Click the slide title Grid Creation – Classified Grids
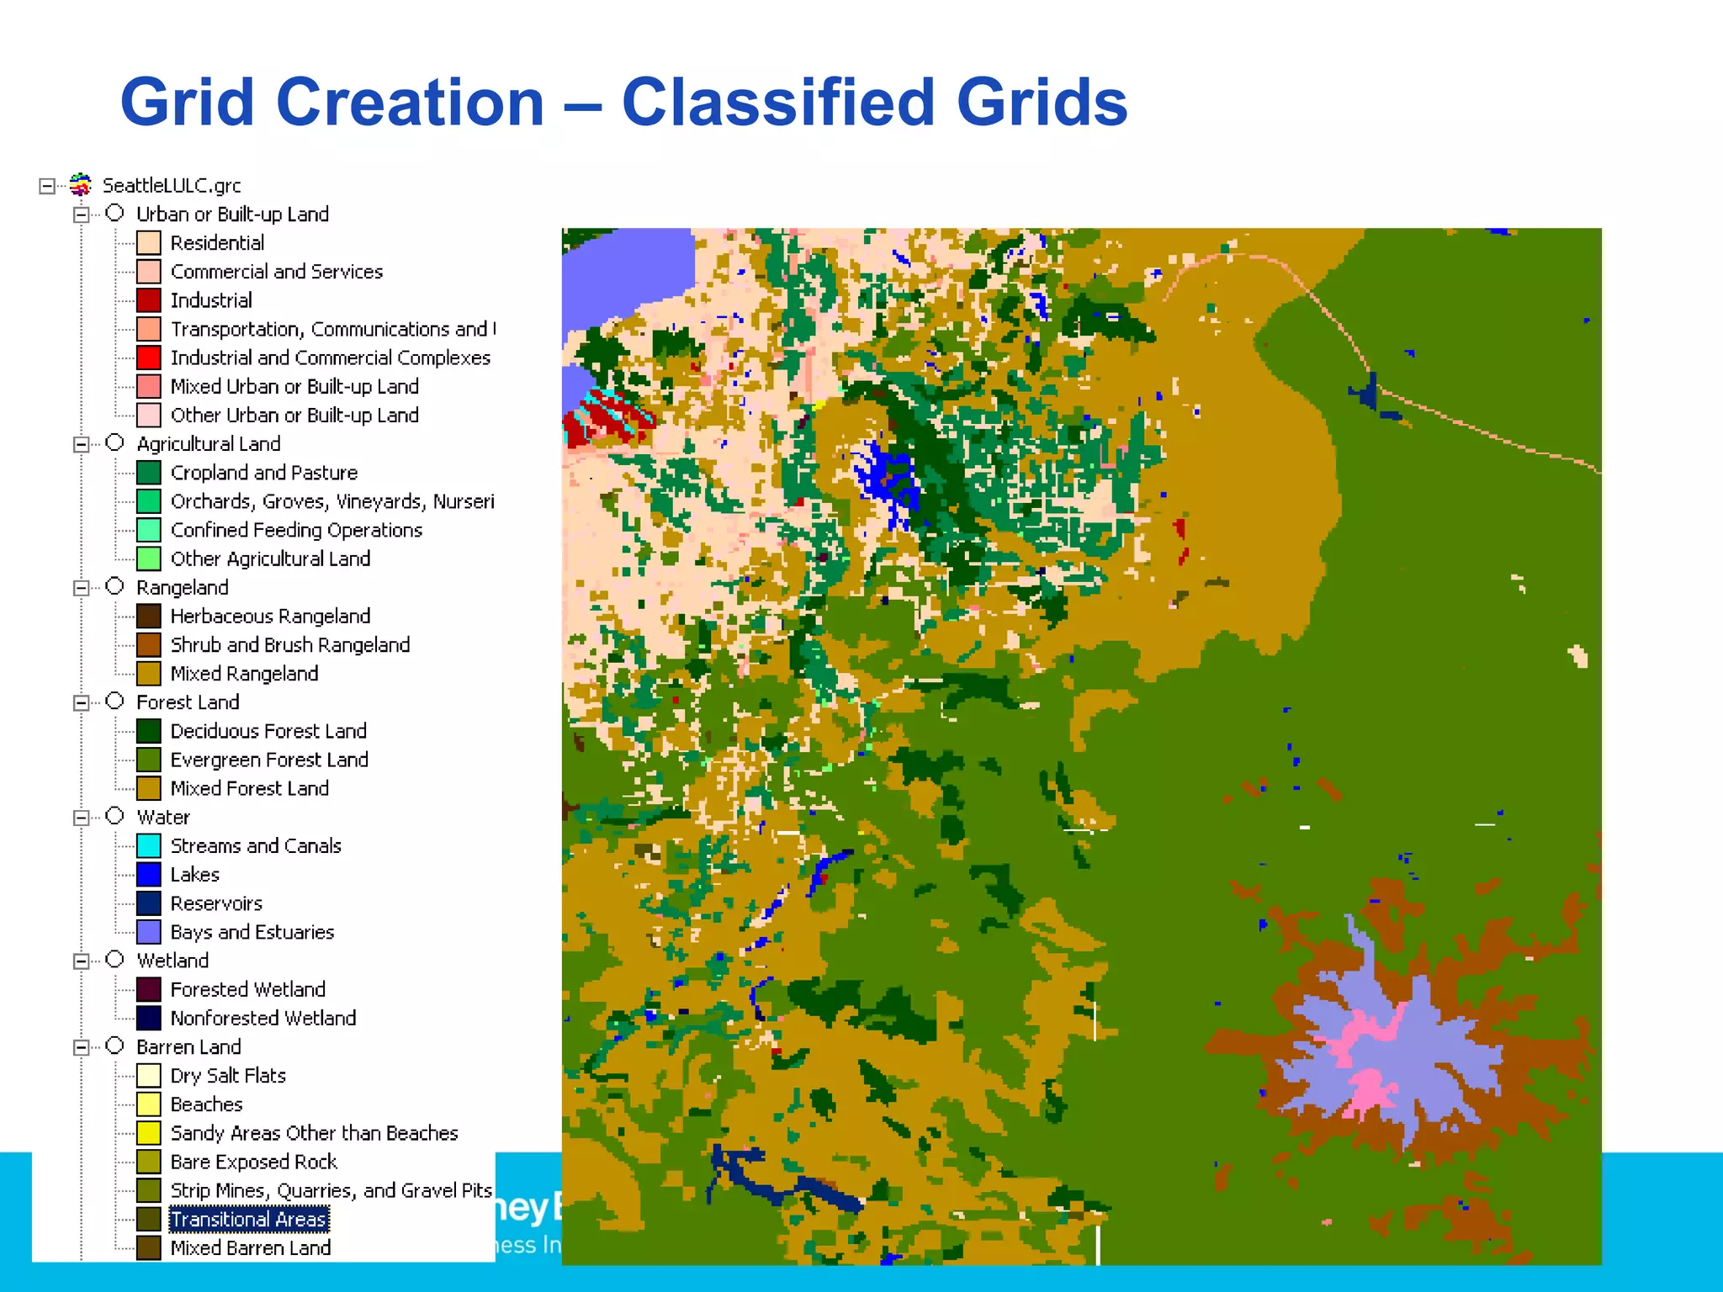(x=623, y=103)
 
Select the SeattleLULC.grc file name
(x=172, y=186)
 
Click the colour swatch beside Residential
(x=149, y=243)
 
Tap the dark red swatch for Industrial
(x=149, y=300)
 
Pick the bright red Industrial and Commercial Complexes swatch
(x=149, y=357)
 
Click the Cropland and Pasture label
(x=263, y=473)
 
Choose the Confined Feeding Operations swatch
(x=149, y=530)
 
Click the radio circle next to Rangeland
(x=115, y=586)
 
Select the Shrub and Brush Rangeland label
(x=289, y=645)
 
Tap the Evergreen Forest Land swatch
(x=149, y=760)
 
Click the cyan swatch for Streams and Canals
(x=149, y=845)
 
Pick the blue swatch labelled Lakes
(x=149, y=875)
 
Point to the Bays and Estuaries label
(x=252, y=932)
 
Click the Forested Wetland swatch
(x=149, y=989)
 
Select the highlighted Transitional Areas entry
(x=248, y=1219)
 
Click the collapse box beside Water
(x=82, y=818)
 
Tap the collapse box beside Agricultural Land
(x=82, y=444)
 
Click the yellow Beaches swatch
(x=149, y=1104)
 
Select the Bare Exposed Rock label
(x=253, y=1162)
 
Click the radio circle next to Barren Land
(x=115, y=1046)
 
